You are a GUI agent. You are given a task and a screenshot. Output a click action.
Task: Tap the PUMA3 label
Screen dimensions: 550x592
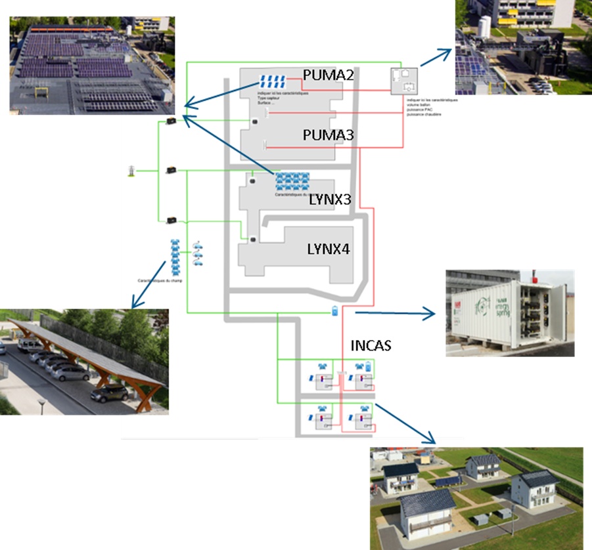tap(328, 135)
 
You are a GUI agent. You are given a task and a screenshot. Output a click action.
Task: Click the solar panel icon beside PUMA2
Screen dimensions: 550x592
tap(272, 82)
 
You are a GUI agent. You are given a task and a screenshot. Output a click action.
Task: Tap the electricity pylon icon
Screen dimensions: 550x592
tap(131, 171)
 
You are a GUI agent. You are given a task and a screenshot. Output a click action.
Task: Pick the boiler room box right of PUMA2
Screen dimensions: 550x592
tap(404, 81)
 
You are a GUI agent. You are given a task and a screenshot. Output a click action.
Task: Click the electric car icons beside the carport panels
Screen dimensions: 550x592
tap(198, 255)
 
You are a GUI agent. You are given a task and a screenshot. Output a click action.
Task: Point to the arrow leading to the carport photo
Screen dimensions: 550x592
tap(148, 284)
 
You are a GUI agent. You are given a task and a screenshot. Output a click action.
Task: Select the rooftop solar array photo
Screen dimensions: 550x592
tap(92, 66)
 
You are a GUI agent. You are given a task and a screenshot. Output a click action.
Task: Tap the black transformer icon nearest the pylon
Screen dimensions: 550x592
tap(171, 170)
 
